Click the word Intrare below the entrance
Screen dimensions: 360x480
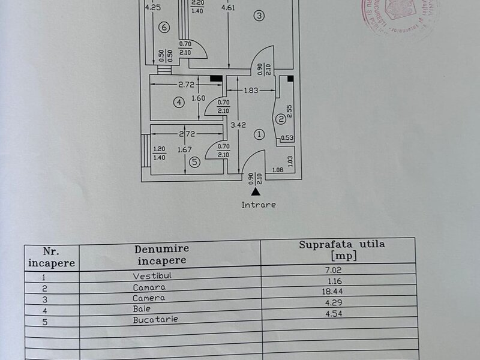coord(259,205)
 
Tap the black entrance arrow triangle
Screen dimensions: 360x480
coord(256,192)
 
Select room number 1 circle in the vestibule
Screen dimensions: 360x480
coord(259,134)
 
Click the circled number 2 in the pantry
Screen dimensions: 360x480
coord(280,119)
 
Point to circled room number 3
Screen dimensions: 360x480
coord(258,16)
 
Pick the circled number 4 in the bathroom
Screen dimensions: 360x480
coord(164,27)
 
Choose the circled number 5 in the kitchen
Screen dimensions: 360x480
coord(193,161)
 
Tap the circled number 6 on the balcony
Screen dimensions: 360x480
coord(164,27)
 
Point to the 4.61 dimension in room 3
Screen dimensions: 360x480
coord(227,8)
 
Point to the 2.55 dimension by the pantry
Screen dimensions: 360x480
coord(290,110)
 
